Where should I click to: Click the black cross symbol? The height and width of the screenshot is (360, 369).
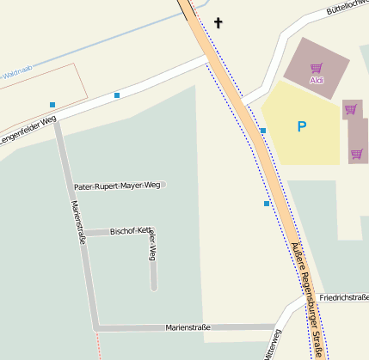218,22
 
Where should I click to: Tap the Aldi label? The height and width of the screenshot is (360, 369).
317,80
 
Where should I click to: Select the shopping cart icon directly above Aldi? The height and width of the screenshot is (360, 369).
317,68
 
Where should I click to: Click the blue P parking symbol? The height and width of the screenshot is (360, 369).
301,127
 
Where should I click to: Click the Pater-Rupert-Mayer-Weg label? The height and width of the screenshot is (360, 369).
117,186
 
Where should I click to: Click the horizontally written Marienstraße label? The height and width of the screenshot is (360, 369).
188,327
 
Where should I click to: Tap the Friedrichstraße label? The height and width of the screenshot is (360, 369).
343,297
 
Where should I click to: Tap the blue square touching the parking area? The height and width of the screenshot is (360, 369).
263,131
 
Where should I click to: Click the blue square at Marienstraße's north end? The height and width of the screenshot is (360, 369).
52,105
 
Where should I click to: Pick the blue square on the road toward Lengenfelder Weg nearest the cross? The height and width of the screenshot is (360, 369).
117,95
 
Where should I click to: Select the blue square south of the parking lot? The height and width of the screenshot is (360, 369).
267,204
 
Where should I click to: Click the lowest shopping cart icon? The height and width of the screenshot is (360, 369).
356,155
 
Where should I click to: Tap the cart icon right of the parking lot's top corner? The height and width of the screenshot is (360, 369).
350,110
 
